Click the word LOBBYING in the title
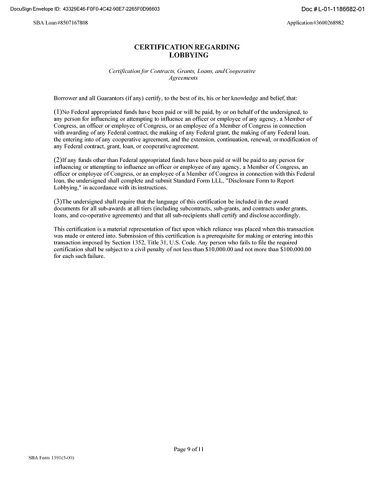187,55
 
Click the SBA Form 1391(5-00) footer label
52,457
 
